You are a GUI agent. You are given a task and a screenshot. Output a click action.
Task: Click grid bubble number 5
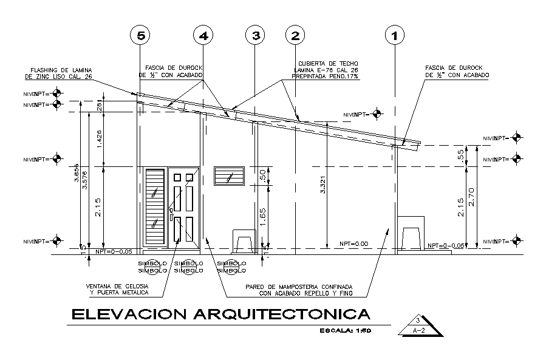tap(142, 36)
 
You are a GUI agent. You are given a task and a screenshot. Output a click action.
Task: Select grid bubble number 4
tap(203, 36)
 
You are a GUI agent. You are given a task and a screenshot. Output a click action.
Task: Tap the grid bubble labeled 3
tap(256, 36)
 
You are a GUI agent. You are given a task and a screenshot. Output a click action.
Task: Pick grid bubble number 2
tap(295, 36)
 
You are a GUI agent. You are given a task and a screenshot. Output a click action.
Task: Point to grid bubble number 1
tap(395, 36)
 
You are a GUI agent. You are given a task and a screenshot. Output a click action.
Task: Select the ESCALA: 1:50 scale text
tap(345, 331)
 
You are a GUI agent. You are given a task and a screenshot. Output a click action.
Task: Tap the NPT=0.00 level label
tap(354, 243)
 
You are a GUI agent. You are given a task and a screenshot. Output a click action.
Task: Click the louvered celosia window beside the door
tap(155, 207)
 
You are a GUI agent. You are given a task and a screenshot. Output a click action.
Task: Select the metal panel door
tap(183, 208)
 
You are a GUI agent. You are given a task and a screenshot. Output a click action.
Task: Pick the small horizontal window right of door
tap(229, 176)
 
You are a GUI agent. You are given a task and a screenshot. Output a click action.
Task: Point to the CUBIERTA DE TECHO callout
tap(328, 70)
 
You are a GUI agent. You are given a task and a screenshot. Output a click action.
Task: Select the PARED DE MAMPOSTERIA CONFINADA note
tap(298, 289)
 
